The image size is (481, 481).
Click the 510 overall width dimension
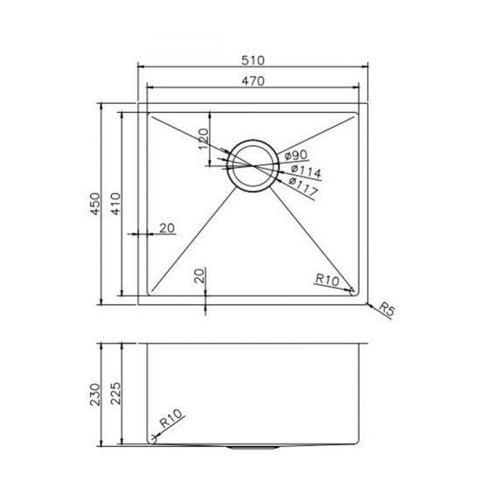[x=254, y=60]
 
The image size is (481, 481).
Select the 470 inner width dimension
[x=254, y=80]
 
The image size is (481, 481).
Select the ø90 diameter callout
[x=296, y=156]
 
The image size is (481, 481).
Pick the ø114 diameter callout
[x=303, y=171]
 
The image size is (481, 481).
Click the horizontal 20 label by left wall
[x=167, y=229]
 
